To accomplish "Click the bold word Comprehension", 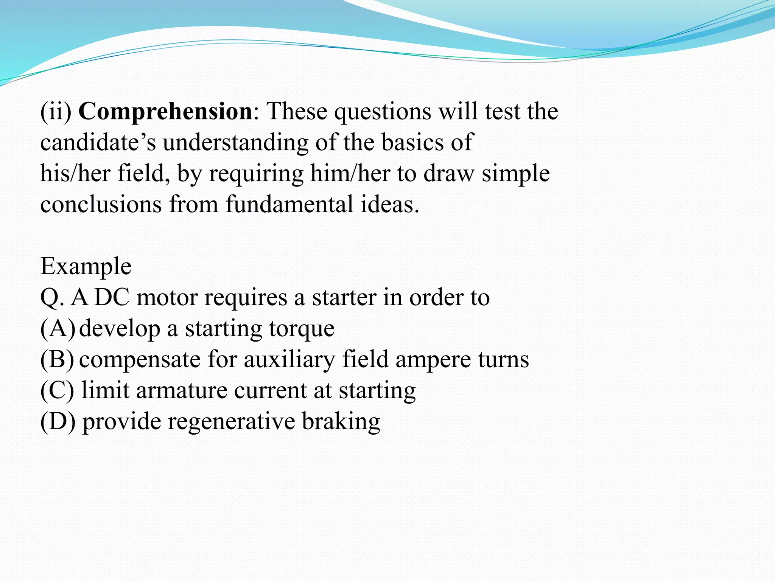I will [165, 112].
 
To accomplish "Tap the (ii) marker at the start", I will [56, 112].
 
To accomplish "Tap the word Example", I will [86, 267].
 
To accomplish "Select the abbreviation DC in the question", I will [112, 297].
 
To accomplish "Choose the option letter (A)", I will [58, 328].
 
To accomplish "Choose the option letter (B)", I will [57, 359].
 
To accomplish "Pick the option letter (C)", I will [57, 390].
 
